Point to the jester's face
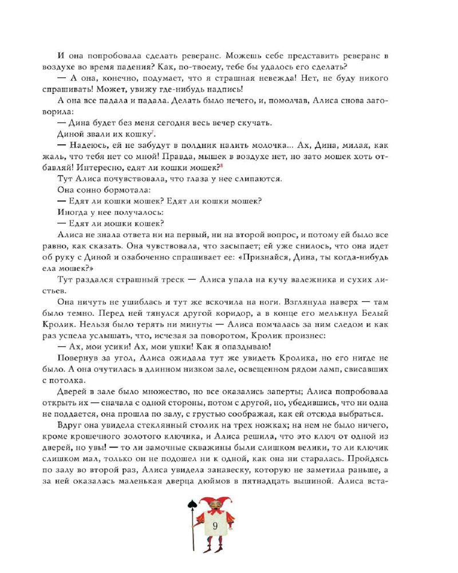click(213, 504)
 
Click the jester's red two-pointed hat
click(213, 494)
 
